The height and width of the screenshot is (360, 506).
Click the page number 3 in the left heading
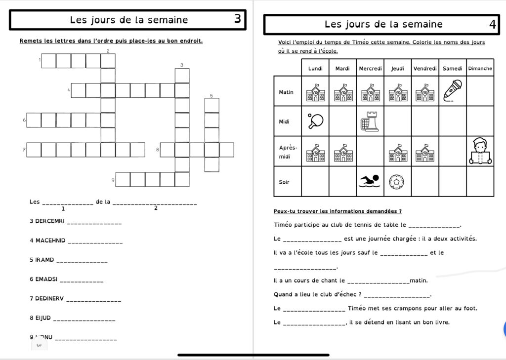(x=238, y=19)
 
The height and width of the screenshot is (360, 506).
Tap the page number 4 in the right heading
(x=492, y=24)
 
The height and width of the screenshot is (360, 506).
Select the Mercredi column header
(x=370, y=68)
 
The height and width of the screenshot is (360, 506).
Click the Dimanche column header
(x=480, y=68)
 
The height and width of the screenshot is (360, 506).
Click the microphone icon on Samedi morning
(x=452, y=90)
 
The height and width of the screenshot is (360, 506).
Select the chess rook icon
(x=370, y=121)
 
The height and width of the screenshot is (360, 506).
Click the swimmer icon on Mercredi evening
(x=370, y=181)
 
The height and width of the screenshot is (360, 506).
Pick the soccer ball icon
(x=397, y=181)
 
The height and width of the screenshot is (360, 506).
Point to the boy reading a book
(x=480, y=151)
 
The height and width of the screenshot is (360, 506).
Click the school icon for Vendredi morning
(x=425, y=92)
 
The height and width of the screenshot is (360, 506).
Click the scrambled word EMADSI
(x=46, y=279)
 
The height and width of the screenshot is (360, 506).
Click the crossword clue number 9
(x=113, y=180)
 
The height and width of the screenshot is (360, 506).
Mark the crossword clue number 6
(x=24, y=120)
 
